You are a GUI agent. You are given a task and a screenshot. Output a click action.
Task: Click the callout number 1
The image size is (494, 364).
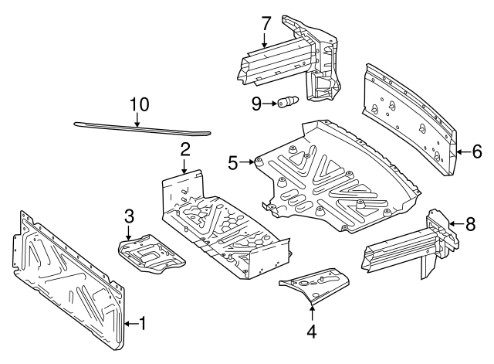(x=141, y=323)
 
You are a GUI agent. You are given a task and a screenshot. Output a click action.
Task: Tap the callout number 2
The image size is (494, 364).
(x=185, y=148)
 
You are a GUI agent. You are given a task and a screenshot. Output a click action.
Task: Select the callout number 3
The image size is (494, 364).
(x=129, y=215)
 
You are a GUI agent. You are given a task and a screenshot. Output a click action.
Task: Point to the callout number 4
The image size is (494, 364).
(x=312, y=333)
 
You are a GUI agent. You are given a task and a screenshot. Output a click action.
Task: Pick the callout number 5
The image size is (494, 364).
(x=233, y=162)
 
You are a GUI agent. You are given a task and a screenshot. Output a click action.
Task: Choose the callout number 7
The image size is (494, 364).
(x=266, y=22)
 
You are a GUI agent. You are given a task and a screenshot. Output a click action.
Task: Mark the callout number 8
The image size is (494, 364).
(x=470, y=224)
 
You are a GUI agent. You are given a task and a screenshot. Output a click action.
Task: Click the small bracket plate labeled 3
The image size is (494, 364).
(x=151, y=254)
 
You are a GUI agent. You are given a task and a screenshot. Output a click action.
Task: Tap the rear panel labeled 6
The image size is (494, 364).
(x=409, y=116)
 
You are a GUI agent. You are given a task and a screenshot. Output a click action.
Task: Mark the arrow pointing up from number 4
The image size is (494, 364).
(x=312, y=313)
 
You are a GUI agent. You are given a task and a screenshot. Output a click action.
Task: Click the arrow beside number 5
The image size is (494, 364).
(x=247, y=162)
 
